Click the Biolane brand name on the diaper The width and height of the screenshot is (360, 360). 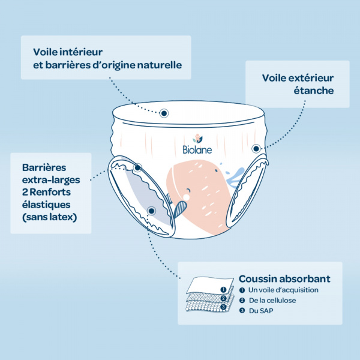point(196,149)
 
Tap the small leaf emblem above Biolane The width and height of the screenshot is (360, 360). point(196,138)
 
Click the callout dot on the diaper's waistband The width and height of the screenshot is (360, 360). point(164,112)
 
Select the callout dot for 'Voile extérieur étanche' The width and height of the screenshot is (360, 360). point(256,148)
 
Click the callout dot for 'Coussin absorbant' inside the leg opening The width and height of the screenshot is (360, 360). point(151,211)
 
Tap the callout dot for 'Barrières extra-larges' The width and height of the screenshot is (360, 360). point(137,169)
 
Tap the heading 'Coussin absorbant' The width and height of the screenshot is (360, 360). point(284,279)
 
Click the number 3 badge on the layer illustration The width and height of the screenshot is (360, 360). point(223,307)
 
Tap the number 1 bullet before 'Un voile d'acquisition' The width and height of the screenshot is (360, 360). point(242,290)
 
